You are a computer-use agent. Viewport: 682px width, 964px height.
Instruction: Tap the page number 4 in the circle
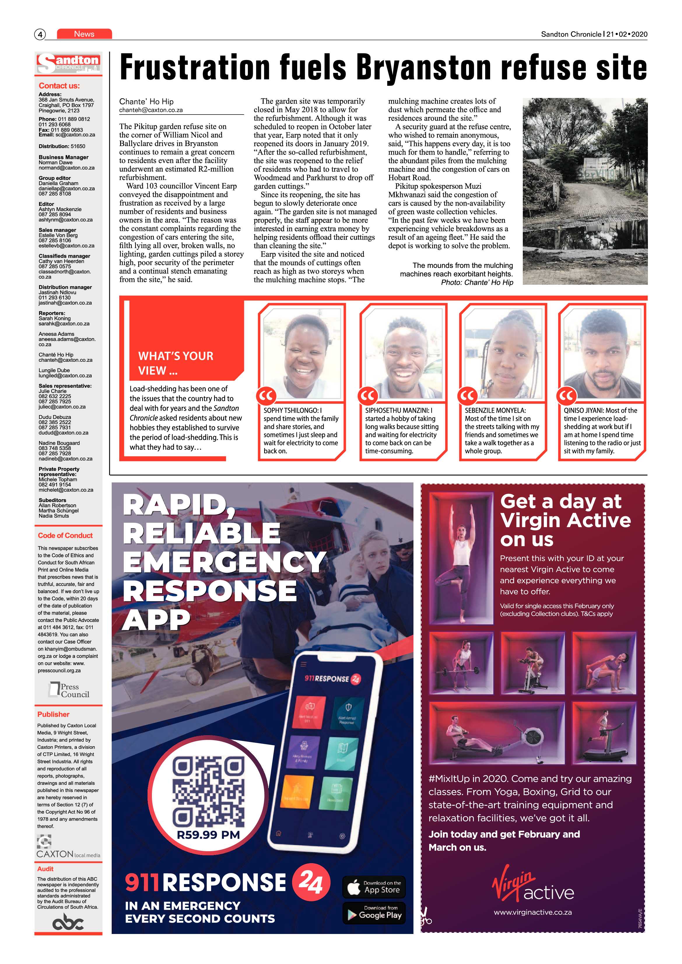coord(40,34)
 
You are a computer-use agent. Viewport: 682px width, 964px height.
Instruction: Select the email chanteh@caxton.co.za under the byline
coord(151,110)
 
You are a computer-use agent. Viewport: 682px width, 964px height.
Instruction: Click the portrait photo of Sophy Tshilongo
coord(301,354)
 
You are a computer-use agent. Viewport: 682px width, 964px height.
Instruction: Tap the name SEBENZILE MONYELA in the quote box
coord(495,410)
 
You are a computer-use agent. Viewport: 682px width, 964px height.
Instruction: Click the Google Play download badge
coord(374,913)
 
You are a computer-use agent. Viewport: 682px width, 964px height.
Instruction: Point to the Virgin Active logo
coord(532,884)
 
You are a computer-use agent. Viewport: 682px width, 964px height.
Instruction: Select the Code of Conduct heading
coord(65,535)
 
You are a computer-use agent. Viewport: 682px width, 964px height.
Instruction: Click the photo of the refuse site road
coord(585,191)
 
